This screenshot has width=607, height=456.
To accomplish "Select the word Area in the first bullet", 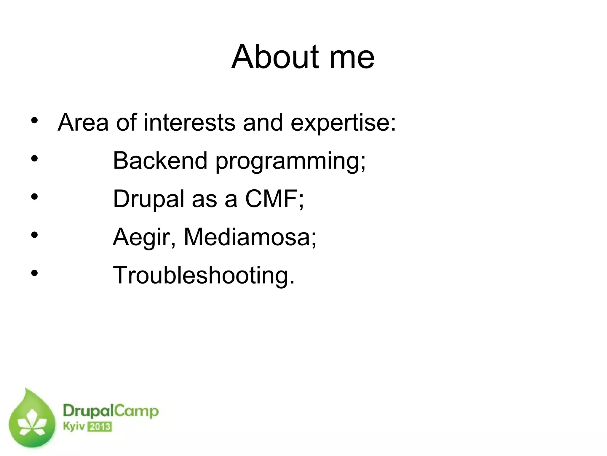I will point(83,122).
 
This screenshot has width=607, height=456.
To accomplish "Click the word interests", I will point(189,122).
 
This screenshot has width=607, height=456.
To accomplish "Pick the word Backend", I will point(160,161).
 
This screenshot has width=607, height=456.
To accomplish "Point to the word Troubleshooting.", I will point(204,276).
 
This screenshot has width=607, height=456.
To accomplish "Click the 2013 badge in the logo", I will point(100,427).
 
